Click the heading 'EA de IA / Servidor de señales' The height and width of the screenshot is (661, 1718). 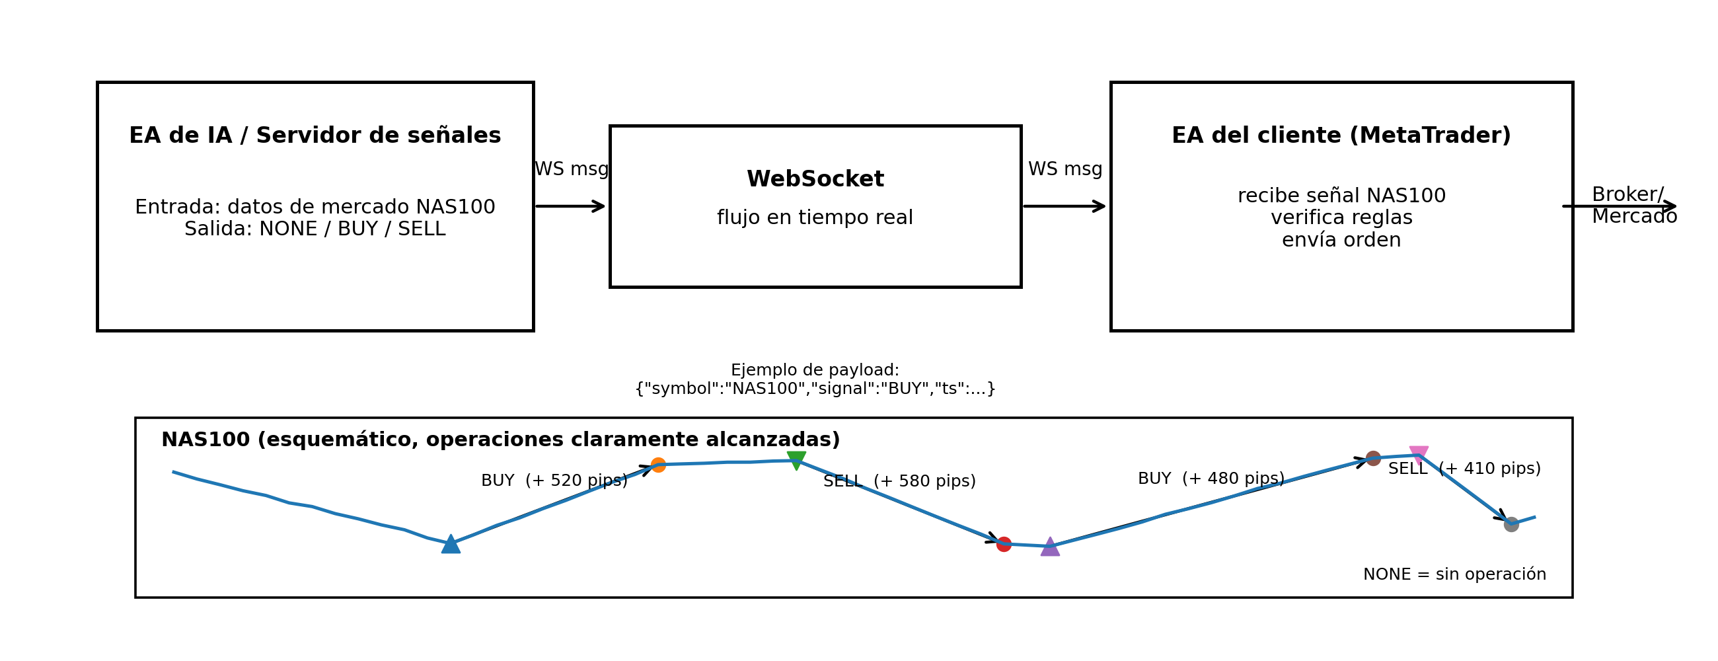tap(315, 136)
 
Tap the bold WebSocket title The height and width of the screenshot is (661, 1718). tap(815, 178)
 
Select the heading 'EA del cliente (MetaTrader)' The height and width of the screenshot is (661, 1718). tap(1341, 136)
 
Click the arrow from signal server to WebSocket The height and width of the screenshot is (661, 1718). tap(570, 206)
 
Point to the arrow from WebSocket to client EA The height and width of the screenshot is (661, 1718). tap(1064, 206)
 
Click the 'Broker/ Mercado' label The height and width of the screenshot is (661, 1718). tap(1633, 206)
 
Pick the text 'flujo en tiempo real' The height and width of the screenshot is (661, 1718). tap(815, 217)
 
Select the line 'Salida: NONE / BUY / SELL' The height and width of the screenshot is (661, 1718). tap(315, 229)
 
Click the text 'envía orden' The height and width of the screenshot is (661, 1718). tap(1341, 239)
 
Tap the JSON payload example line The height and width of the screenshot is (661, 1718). tap(815, 388)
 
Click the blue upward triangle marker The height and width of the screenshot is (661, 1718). tap(451, 544)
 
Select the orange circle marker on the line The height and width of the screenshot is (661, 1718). tap(658, 465)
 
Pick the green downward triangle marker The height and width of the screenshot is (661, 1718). tap(796, 459)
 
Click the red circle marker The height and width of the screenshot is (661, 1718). tap(1004, 544)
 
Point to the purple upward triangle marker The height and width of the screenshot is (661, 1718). tap(1050, 547)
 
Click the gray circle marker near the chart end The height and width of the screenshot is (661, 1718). tap(1511, 524)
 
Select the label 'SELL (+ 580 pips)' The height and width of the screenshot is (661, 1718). tap(899, 481)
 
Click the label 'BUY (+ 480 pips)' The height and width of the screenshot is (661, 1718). tap(1211, 479)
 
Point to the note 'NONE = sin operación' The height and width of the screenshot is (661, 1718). tap(1454, 574)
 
